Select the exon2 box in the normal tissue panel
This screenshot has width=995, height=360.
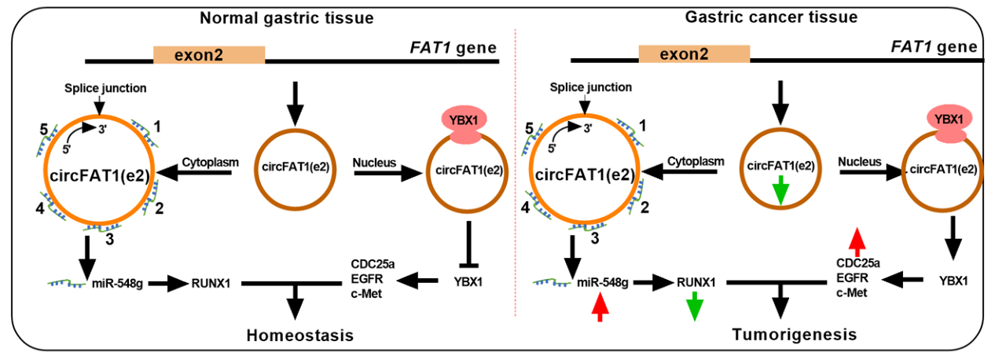pyautogui.click(x=208, y=55)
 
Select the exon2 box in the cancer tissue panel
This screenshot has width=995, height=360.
pyautogui.click(x=694, y=54)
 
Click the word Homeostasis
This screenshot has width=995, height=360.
pyautogui.click(x=297, y=336)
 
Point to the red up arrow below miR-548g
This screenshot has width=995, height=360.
pyautogui.click(x=600, y=307)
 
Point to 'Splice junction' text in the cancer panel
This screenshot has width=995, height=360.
pyautogui.click(x=581, y=89)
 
